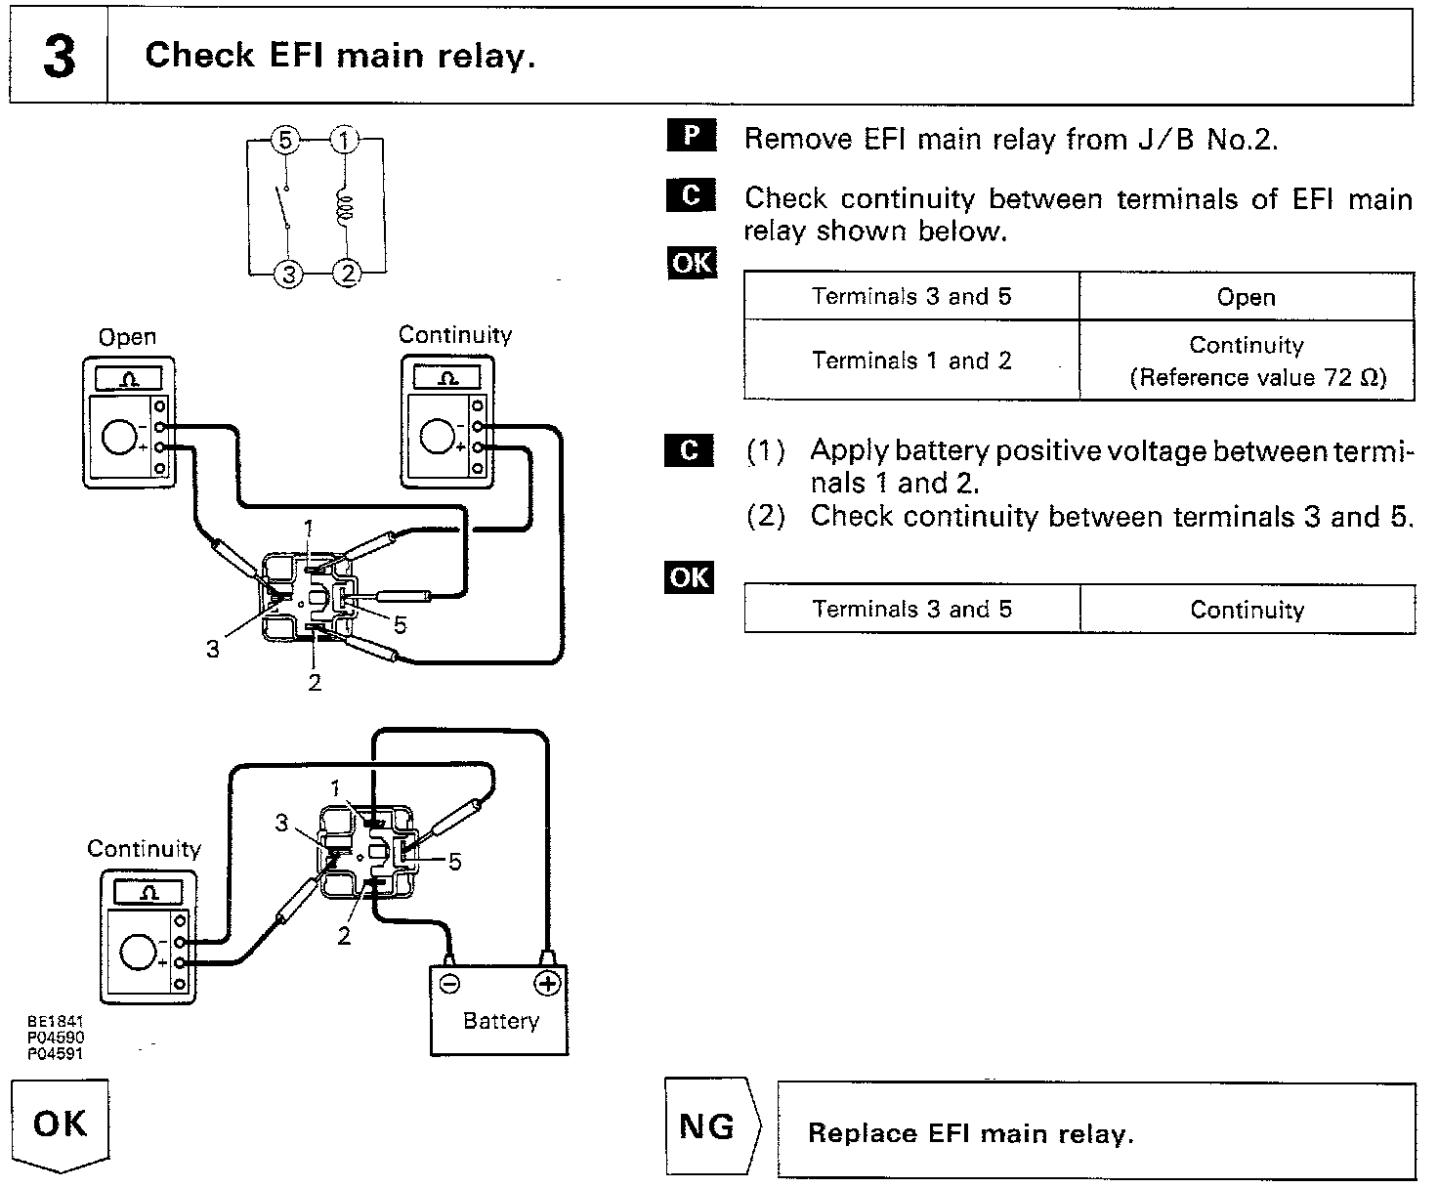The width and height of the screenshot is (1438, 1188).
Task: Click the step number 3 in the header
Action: (x=59, y=57)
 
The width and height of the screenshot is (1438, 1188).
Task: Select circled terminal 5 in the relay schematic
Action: (x=284, y=141)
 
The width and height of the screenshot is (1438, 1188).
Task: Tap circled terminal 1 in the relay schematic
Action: (x=344, y=141)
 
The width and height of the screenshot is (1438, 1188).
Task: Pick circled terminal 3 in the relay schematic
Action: (x=288, y=275)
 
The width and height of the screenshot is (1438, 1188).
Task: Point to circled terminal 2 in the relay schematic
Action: (x=348, y=273)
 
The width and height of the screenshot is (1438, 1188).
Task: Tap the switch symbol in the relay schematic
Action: (x=285, y=207)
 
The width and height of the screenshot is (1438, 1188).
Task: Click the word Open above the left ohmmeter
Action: (x=127, y=338)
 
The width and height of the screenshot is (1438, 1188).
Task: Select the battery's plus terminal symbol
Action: (x=547, y=984)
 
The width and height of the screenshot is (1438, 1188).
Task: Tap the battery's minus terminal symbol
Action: (x=450, y=984)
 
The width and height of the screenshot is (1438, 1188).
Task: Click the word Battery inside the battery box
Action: (x=500, y=1022)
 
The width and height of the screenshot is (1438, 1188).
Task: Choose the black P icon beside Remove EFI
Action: (x=692, y=136)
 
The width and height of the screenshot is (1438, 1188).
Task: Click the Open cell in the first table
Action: (x=1246, y=298)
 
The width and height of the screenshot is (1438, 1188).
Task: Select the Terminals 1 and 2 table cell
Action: (x=910, y=361)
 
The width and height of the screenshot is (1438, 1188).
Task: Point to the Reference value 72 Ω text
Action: (x=1257, y=378)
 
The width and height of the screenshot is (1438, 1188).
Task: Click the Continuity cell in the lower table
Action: (x=1247, y=611)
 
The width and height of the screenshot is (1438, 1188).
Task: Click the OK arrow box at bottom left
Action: (x=60, y=1124)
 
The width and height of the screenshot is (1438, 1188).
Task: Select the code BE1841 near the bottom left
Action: (x=55, y=1022)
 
